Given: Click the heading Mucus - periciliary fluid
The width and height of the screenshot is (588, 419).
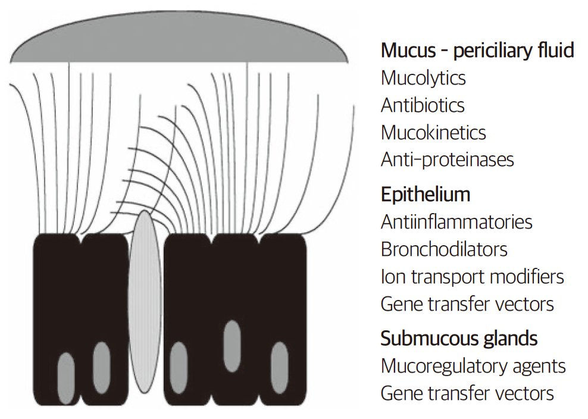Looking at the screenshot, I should pyautogui.click(x=477, y=51).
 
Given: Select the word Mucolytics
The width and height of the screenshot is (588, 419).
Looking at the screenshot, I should pyautogui.click(x=423, y=78).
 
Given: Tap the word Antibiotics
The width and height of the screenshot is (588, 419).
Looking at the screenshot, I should pyautogui.click(x=423, y=105).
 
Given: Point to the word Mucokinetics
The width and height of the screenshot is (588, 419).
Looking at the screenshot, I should pyautogui.click(x=433, y=132).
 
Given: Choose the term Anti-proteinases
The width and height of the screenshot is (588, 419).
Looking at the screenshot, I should pyautogui.click(x=447, y=160).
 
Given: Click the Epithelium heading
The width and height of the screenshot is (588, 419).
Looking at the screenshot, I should pyautogui.click(x=425, y=194).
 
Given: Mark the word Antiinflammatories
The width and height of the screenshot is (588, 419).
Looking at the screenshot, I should pyautogui.click(x=456, y=222).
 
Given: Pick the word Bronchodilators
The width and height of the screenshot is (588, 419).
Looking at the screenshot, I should pyautogui.click(x=444, y=249).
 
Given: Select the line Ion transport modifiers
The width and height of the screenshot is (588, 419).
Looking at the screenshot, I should pyautogui.click(x=472, y=276).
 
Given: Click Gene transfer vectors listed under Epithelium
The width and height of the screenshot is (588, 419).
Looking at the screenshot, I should pyautogui.click(x=467, y=304).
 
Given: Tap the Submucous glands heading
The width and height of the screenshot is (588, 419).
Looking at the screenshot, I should pyautogui.click(x=459, y=338).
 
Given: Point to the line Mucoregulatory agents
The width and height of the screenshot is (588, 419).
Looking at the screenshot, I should pyautogui.click(x=473, y=365).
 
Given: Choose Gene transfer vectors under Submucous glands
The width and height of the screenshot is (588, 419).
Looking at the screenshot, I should pyautogui.click(x=467, y=393).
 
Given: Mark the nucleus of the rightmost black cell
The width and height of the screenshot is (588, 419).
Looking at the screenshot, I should pyautogui.click(x=279, y=367).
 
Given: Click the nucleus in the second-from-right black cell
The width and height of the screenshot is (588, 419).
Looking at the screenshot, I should pyautogui.click(x=232, y=346).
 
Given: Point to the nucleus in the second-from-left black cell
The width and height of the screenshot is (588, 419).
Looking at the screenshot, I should pyautogui.click(x=102, y=367).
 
